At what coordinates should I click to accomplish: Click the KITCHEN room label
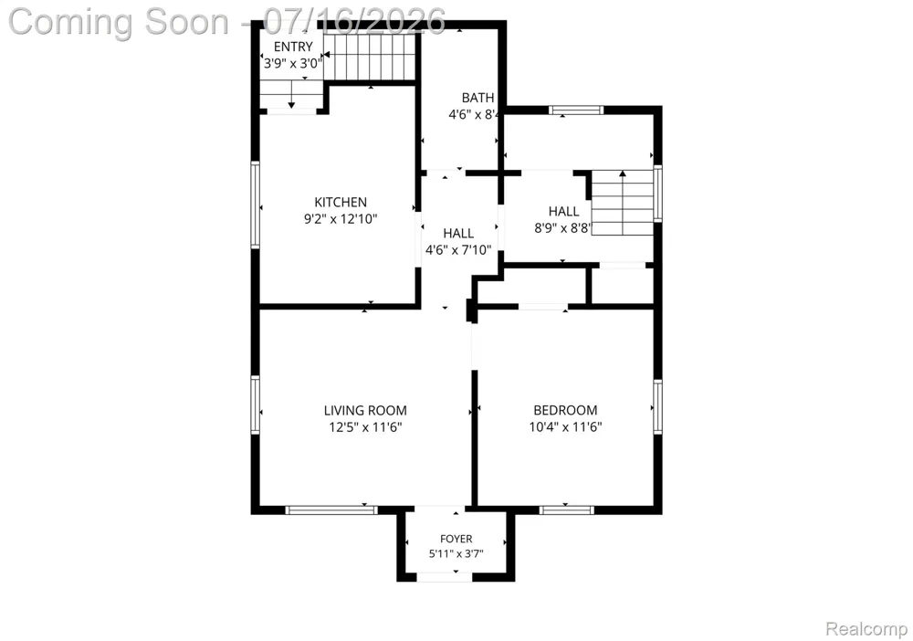341,202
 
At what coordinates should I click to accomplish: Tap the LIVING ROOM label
365,411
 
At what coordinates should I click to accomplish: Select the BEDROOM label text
565,411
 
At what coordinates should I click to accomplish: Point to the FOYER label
456,539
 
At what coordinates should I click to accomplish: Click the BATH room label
477,98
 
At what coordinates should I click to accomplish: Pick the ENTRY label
293,47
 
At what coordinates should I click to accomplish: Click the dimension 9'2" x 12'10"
341,219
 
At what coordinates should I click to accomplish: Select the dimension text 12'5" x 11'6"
365,427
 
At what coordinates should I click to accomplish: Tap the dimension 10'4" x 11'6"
565,426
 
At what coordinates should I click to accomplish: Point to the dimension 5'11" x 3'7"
456,553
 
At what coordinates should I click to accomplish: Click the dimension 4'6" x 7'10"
458,250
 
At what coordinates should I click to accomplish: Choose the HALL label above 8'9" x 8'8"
563,211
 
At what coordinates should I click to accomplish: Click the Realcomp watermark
866,629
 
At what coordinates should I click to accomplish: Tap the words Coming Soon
118,22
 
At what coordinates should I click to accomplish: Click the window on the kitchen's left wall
255,205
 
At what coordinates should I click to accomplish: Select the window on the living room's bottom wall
331,510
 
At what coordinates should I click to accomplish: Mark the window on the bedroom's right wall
657,406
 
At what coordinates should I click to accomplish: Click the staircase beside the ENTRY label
370,56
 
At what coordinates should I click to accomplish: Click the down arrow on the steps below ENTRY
291,95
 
